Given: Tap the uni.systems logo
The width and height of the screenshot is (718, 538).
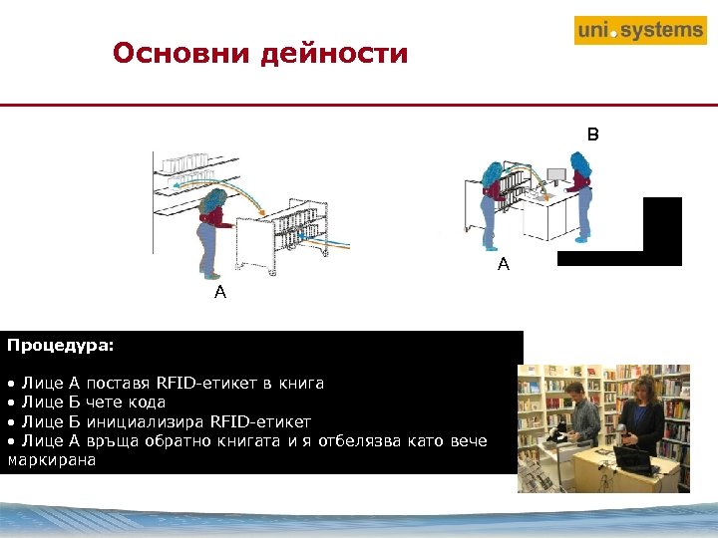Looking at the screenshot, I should pos(640,30).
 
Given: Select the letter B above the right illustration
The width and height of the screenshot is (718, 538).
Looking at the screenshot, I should pos(592,134).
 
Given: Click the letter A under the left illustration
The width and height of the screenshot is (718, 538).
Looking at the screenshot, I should pos(219,293).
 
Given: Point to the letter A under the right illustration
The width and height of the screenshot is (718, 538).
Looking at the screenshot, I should pos(504,264).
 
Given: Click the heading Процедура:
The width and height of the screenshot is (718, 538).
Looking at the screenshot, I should pos(61,347).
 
